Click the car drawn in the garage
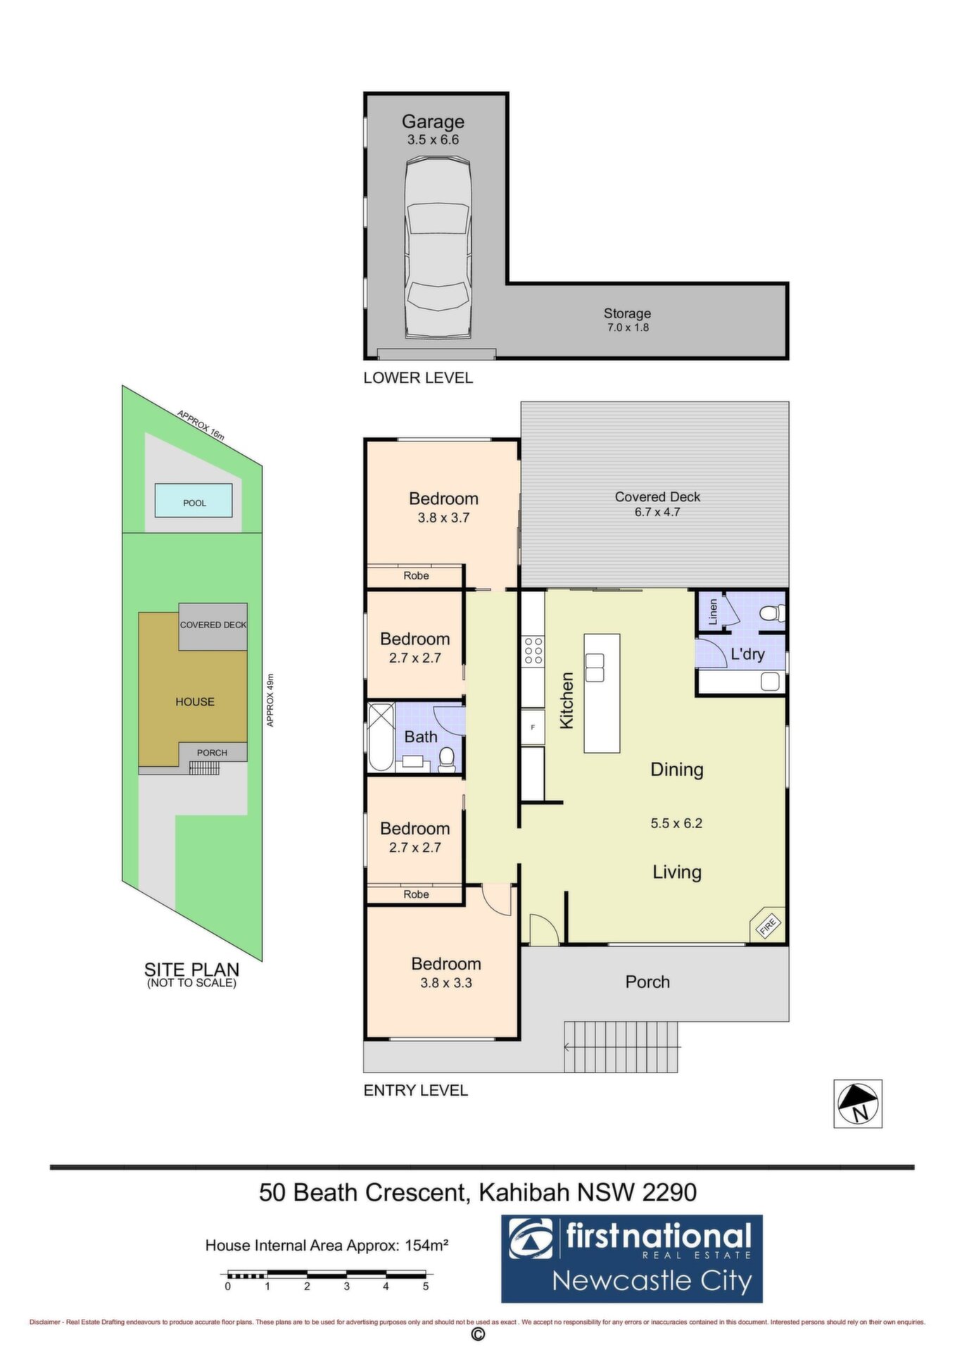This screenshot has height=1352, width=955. [x=437, y=248]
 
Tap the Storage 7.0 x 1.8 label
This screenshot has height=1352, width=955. [x=627, y=320]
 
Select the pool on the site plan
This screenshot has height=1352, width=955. [x=194, y=501]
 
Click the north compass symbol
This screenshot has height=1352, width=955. [x=858, y=1103]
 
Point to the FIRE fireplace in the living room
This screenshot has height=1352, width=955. [x=767, y=925]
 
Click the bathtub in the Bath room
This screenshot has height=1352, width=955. [x=381, y=737]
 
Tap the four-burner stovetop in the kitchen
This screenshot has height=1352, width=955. [x=533, y=651]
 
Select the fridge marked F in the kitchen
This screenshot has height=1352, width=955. [x=533, y=727]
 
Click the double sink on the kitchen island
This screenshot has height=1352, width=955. [x=595, y=667]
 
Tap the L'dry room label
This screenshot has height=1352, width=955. [x=747, y=654]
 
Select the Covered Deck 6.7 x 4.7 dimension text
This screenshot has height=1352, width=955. [x=657, y=512]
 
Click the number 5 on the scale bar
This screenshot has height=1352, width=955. [x=426, y=1286]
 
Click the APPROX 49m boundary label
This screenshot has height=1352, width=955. [x=270, y=700]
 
